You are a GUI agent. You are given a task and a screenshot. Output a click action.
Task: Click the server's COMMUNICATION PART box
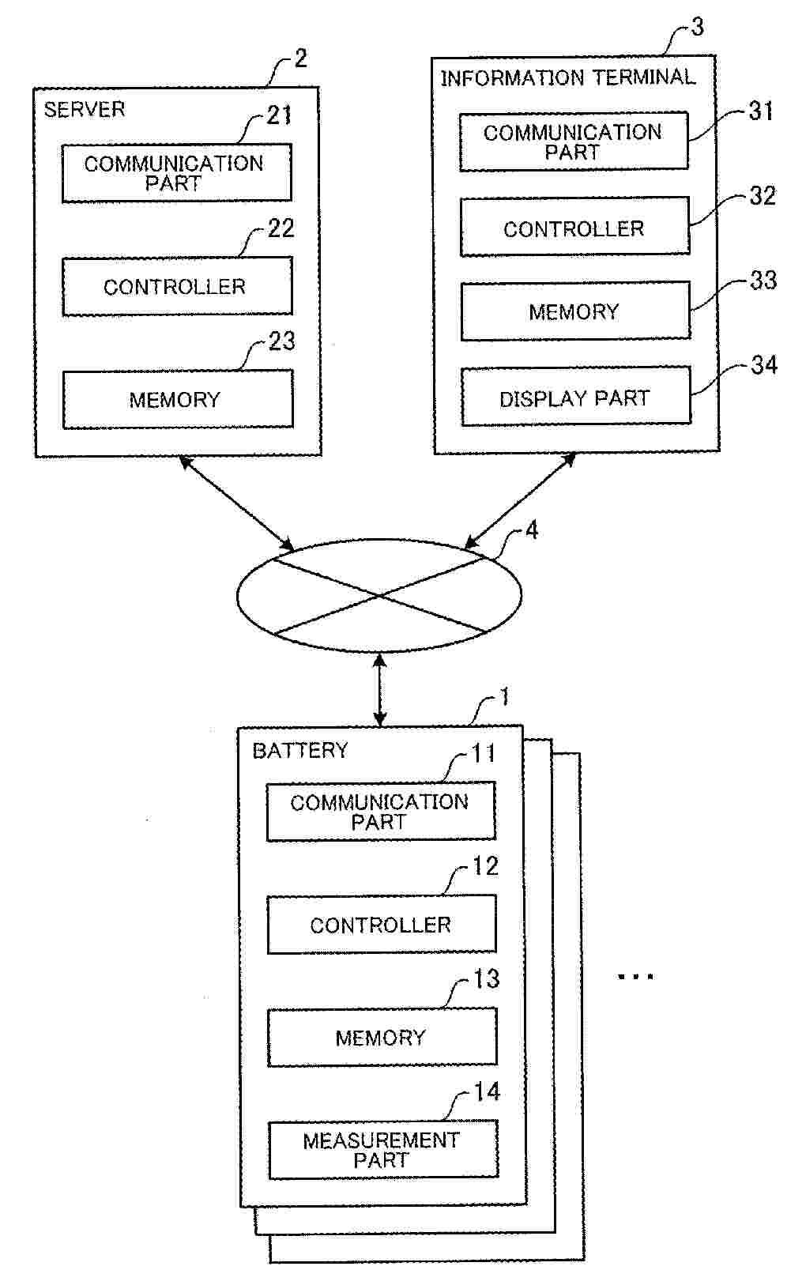coord(176,173)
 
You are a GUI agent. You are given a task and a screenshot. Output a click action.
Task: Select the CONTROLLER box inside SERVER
coord(176,286)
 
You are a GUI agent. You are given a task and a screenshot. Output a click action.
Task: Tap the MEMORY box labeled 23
coord(176,399)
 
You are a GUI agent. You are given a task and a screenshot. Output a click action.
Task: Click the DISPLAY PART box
coord(574,398)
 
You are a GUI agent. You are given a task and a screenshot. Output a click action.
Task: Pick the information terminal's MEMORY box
coord(574,311)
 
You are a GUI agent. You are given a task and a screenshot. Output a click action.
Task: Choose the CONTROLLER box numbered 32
coord(574,228)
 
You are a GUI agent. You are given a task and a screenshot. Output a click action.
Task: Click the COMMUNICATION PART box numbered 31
coord(573,142)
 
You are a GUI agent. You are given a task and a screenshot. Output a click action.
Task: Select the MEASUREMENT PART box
coord(382,1150)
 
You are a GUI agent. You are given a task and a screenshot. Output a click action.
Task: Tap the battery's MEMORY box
coord(381,1037)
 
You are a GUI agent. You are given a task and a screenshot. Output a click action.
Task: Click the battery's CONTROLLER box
coord(381,925)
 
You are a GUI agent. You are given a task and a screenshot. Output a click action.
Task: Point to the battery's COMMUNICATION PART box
coord(380,812)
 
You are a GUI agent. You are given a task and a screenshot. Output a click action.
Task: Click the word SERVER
coord(84,109)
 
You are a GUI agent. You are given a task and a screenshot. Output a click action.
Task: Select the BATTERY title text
coord(299,750)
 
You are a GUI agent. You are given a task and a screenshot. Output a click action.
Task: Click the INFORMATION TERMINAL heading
coord(567,77)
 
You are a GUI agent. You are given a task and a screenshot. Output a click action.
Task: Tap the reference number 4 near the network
coord(532,530)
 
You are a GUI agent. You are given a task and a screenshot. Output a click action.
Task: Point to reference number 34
coord(763,364)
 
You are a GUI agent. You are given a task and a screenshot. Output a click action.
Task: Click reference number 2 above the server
coord(299,58)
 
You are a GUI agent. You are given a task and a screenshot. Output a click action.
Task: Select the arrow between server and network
coord(236,503)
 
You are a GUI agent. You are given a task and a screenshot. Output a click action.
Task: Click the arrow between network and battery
coord(380,688)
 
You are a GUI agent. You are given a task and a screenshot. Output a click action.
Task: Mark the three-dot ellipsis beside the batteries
coord(635,977)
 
